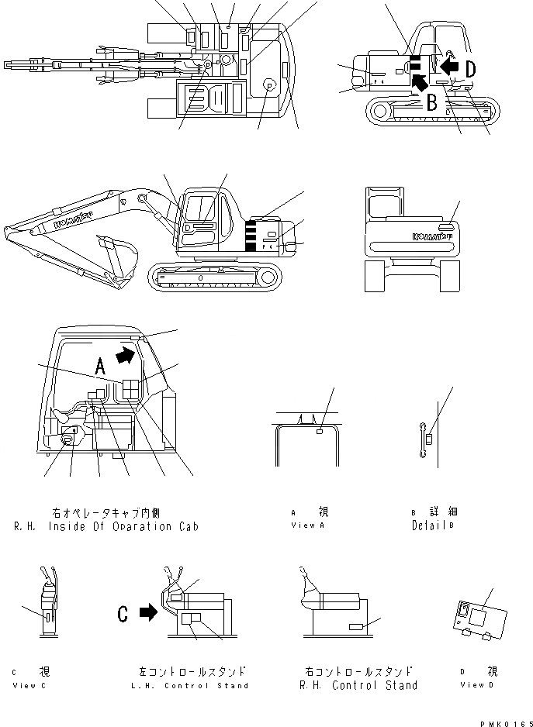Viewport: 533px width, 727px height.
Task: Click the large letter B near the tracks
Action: pyautogui.click(x=432, y=101)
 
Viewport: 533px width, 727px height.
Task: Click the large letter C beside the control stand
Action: pyautogui.click(x=123, y=614)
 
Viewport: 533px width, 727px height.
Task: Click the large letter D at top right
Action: pyautogui.click(x=470, y=68)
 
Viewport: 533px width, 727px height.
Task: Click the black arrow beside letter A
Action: pyautogui.click(x=124, y=355)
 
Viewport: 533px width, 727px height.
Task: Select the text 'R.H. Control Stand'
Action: pyautogui.click(x=358, y=685)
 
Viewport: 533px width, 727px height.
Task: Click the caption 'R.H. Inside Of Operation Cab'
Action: pyautogui.click(x=106, y=526)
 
